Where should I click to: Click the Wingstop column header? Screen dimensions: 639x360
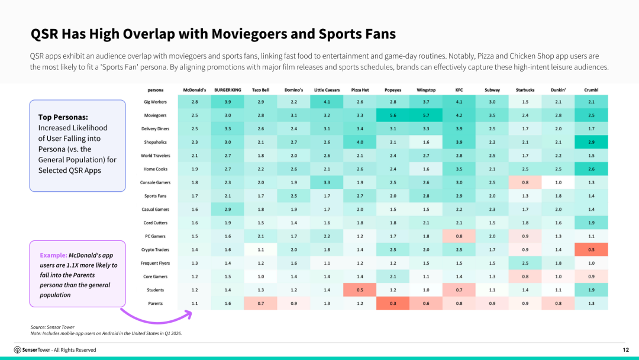pyautogui.click(x=426, y=90)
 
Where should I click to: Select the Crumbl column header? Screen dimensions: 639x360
pyautogui.click(x=591, y=90)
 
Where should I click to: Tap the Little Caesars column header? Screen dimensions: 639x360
pyautogui.click(x=327, y=90)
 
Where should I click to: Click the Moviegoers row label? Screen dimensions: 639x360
pyautogui.click(x=155, y=115)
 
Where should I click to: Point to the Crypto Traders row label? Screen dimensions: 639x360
pyautogui.click(x=155, y=250)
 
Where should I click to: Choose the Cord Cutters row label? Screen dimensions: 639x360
pyautogui.click(x=155, y=223)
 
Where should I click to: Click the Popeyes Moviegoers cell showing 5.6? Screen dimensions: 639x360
pyautogui.click(x=393, y=115)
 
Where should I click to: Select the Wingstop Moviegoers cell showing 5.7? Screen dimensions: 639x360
pyautogui.click(x=426, y=115)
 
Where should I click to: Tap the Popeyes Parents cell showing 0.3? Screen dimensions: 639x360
pyautogui.click(x=393, y=303)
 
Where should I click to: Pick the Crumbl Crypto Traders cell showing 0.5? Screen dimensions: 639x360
pyautogui.click(x=591, y=249)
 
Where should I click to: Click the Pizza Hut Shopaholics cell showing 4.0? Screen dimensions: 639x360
pyautogui.click(x=360, y=142)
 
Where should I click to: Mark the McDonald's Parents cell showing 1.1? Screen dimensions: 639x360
pyautogui.click(x=195, y=303)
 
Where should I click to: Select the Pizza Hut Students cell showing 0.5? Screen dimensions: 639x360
pyautogui.click(x=360, y=290)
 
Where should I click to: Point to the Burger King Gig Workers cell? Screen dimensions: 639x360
pyautogui.click(x=228, y=102)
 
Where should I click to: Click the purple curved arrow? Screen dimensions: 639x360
pyautogui.click(x=156, y=317)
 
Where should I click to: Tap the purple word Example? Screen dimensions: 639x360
pyautogui.click(x=53, y=255)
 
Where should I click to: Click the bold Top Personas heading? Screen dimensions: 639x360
pyautogui.click(x=63, y=117)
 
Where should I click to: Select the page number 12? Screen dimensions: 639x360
pyautogui.click(x=625, y=350)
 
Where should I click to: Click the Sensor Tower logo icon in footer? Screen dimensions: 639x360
pyautogui.click(x=17, y=350)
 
